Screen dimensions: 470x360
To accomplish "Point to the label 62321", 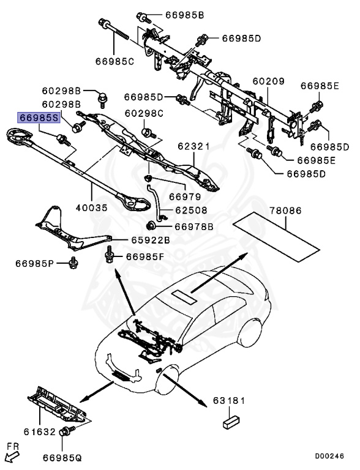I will [x=194, y=147].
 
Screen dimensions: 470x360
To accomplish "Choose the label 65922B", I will [x=150, y=240].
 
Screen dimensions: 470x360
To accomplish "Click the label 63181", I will [x=229, y=401].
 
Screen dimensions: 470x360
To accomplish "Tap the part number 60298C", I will [x=144, y=113].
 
